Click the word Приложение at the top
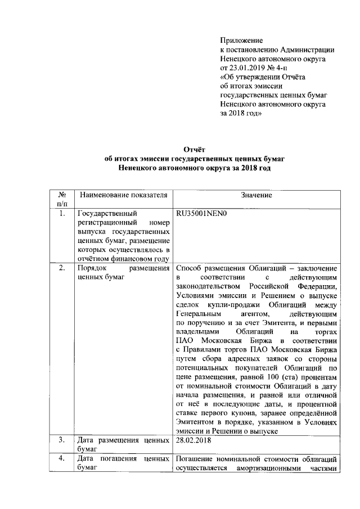241,41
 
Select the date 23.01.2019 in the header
250,68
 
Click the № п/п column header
62,199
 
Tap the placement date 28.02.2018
194,440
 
